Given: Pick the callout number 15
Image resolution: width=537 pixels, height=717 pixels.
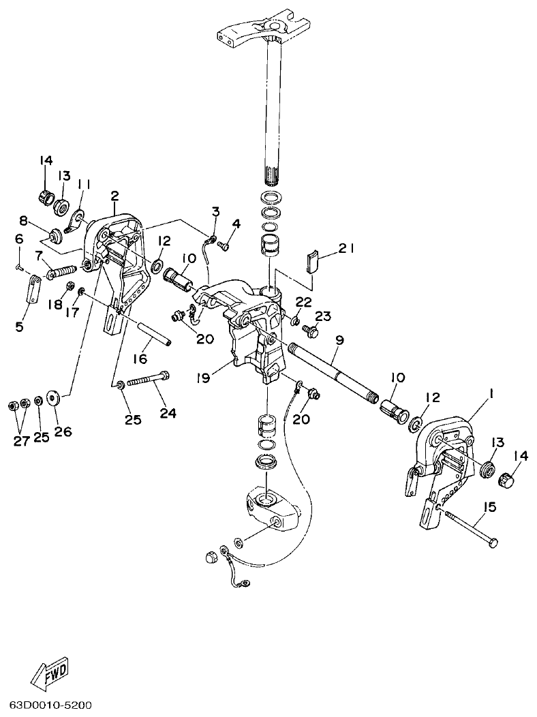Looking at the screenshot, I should pyautogui.click(x=490, y=506).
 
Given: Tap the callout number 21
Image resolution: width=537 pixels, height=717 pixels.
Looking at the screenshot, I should pyautogui.click(x=346, y=249).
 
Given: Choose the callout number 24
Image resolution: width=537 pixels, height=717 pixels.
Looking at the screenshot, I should pyautogui.click(x=168, y=412).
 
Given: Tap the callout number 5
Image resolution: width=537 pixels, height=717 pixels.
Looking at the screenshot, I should pyautogui.click(x=18, y=326).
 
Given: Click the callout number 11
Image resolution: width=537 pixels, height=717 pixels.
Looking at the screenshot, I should pyautogui.click(x=84, y=184).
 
